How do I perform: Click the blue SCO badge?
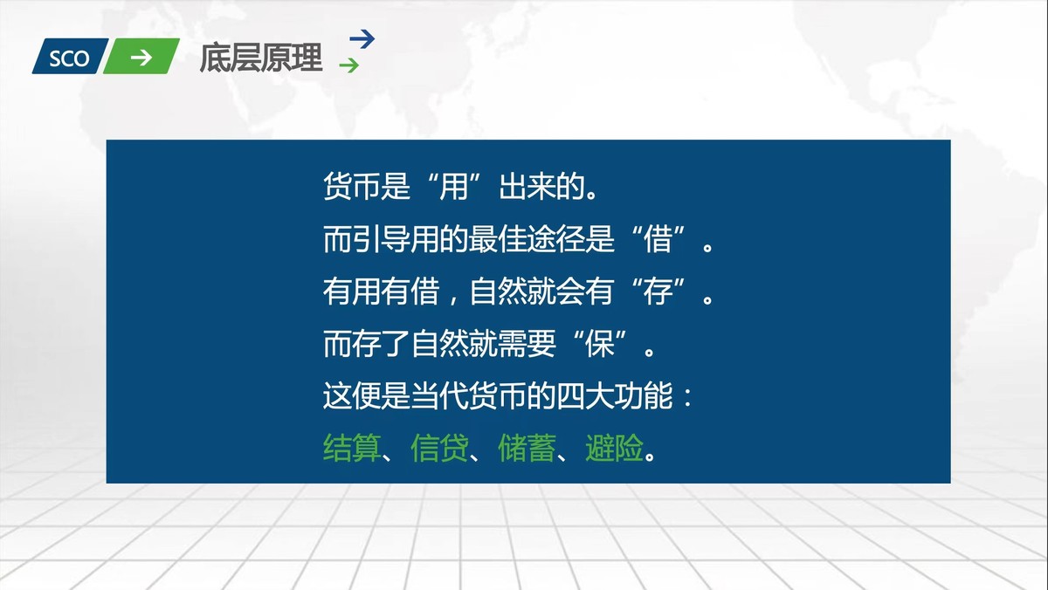[68, 58]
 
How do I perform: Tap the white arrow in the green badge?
[141, 58]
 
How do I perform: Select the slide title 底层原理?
[261, 58]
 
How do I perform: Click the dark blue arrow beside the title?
[362, 38]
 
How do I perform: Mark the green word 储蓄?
[527, 450]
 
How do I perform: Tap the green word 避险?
[614, 450]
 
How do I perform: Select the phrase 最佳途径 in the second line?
[556, 241]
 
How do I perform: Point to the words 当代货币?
[468, 398]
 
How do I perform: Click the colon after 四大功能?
[686, 399]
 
